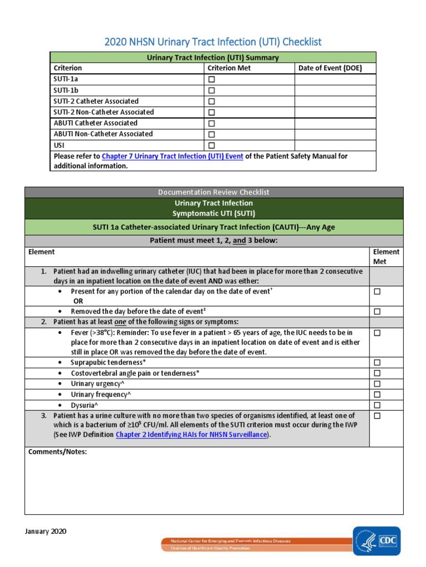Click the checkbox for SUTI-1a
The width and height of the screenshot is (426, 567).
[x=211, y=80]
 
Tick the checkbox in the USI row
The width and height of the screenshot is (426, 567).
[x=211, y=146]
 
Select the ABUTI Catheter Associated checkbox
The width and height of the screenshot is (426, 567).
[x=211, y=123]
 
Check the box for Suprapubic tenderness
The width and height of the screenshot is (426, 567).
[x=377, y=363]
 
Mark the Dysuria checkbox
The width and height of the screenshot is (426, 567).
[x=377, y=405]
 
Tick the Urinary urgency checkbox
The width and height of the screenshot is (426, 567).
[x=377, y=384]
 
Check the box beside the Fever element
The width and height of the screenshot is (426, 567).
[x=377, y=333]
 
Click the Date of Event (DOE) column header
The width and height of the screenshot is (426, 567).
[x=329, y=68]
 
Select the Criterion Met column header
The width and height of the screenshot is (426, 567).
[x=229, y=68]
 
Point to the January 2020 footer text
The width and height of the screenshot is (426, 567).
[x=45, y=532]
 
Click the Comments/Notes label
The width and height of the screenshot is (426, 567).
[x=58, y=452]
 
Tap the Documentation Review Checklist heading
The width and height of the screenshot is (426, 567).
[x=214, y=192]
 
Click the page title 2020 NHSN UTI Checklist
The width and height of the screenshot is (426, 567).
[x=213, y=42]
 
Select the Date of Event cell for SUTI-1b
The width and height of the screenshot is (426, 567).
[x=335, y=90]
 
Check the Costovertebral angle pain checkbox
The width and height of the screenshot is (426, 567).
[x=377, y=373]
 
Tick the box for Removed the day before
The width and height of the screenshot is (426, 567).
[x=377, y=312]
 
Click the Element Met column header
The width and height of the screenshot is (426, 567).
[x=386, y=256]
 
